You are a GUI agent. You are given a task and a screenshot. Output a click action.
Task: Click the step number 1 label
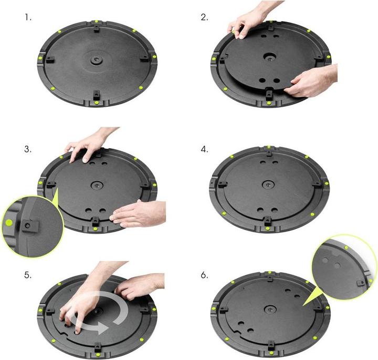tap(28, 17)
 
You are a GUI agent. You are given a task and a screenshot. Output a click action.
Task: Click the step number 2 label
tap(204, 17)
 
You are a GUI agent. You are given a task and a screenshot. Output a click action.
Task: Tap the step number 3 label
tap(28, 149)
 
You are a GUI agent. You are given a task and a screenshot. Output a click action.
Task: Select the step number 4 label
tap(204, 149)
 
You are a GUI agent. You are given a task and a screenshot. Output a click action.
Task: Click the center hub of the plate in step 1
tap(96, 59)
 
